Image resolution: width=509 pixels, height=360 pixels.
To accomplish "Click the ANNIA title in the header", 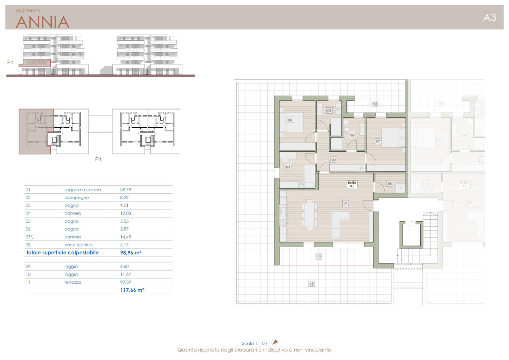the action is (x=42, y=22).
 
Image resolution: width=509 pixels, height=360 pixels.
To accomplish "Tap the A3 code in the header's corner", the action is (x=489, y=18).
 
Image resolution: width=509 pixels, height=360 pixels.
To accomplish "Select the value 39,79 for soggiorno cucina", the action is (x=126, y=190).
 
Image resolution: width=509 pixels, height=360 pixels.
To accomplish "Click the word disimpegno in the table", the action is (x=77, y=198).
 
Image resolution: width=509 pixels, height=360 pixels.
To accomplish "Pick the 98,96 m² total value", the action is (x=131, y=253).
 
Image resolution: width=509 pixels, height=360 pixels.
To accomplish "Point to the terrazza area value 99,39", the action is (x=126, y=282).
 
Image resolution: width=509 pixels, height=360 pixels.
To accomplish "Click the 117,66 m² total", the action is (x=132, y=290).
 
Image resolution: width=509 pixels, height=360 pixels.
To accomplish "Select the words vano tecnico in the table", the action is (x=78, y=245).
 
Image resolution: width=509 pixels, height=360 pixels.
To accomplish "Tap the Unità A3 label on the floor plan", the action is (x=352, y=184).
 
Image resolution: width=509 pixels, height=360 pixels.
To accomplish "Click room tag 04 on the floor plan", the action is (x=289, y=120).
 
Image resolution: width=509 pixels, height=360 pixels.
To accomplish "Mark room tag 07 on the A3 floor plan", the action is (x=378, y=141).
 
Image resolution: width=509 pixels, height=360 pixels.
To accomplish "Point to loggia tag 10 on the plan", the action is (x=319, y=257).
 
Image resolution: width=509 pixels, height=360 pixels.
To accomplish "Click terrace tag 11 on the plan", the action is (x=311, y=284).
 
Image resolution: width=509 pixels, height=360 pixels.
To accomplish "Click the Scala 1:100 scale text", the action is (x=254, y=343).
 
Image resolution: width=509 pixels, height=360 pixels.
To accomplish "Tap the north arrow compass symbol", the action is (x=275, y=342).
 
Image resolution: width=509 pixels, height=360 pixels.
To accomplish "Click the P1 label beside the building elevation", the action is (x=10, y=62).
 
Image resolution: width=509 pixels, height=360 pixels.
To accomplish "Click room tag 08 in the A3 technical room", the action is (x=390, y=184).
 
